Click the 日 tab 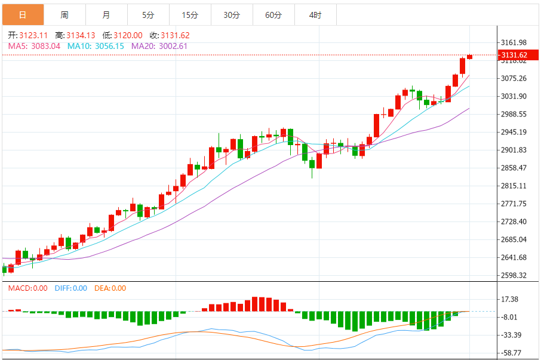(23, 15)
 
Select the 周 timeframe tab (64, 15)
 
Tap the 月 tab (106, 15)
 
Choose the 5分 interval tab (148, 15)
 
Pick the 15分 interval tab (190, 15)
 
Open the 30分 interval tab (232, 15)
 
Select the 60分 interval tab (273, 15)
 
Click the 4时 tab (315, 15)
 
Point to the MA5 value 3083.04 (34, 46)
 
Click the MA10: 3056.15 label (96, 46)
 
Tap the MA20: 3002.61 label (159, 46)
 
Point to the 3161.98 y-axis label (514, 42)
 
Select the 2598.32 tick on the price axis (514, 275)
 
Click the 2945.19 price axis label (514, 132)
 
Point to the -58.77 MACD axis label (512, 353)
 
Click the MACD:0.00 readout (27, 288)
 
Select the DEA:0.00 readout (110, 288)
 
